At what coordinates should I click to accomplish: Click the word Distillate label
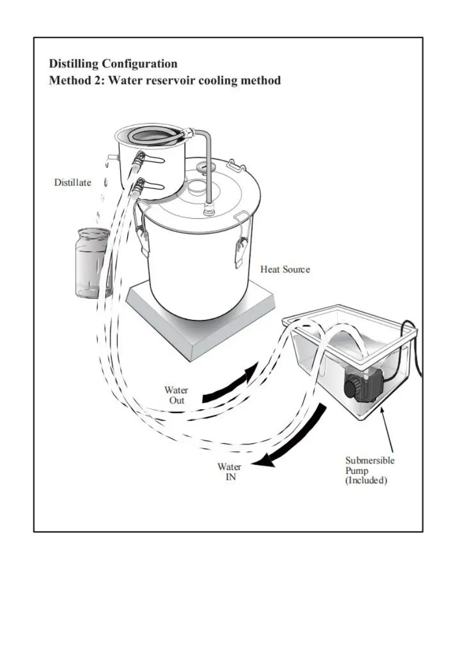73,182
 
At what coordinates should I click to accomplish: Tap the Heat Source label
284,269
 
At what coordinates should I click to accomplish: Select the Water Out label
176,395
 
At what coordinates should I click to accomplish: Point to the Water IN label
229,472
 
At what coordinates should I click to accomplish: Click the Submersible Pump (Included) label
370,470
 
